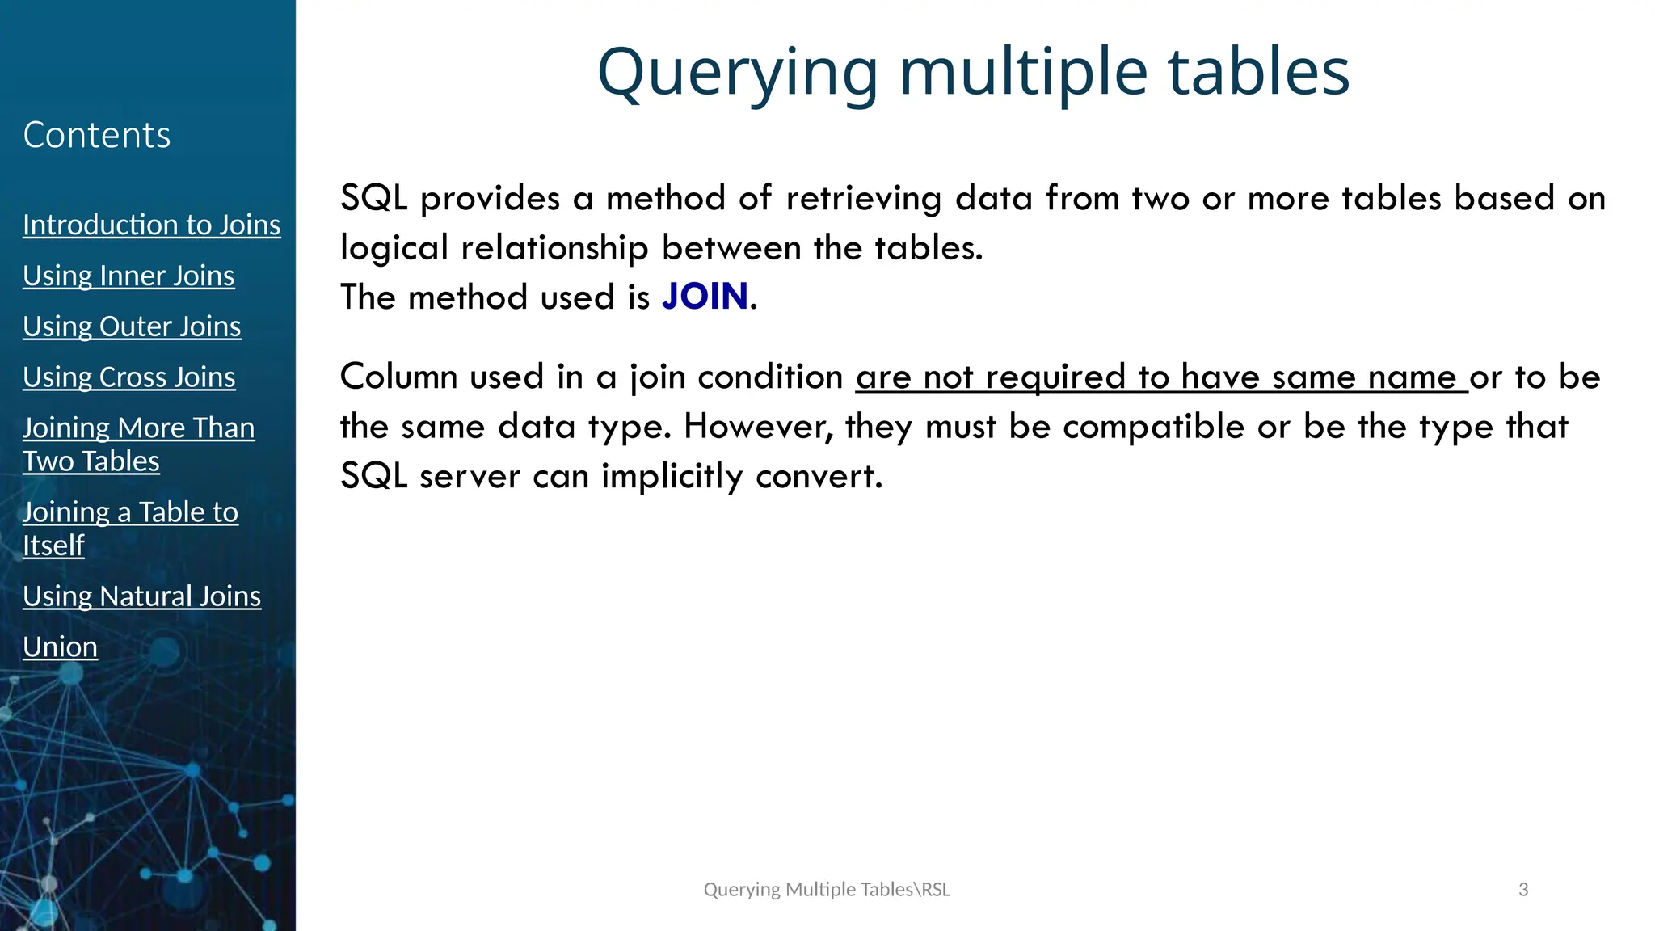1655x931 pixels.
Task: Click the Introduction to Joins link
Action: [151, 225]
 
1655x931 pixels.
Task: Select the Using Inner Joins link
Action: [128, 276]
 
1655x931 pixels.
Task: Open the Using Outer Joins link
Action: [132, 326]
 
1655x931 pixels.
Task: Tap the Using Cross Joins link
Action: [128, 377]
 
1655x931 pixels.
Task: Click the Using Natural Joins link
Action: [141, 596]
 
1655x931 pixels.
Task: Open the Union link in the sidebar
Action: [60, 647]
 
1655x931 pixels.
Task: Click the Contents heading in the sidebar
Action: [96, 135]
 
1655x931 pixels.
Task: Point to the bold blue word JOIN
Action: [705, 297]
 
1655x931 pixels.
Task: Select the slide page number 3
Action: [1523, 890]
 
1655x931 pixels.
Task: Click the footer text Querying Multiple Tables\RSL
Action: [827, 890]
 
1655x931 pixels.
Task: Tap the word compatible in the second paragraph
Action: [1153, 427]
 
